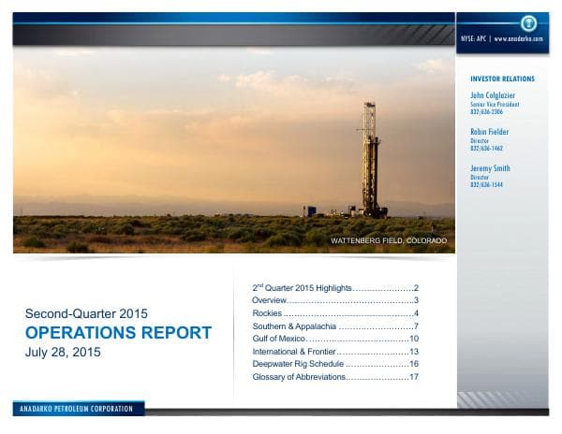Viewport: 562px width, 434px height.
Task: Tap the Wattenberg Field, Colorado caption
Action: pyautogui.click(x=389, y=241)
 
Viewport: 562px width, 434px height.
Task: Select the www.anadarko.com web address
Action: pyautogui.click(x=518, y=39)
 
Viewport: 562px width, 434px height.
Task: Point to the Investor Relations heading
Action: pyautogui.click(x=502, y=80)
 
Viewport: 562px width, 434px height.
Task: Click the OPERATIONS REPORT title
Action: pyautogui.click(x=119, y=333)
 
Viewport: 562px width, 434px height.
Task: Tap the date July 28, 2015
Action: pyautogui.click(x=64, y=353)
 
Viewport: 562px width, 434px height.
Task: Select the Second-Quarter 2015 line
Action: pyautogui.click(x=86, y=313)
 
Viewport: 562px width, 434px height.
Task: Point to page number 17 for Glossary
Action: pyautogui.click(x=413, y=377)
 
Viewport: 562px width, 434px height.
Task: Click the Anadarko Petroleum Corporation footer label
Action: pyautogui.click(x=79, y=409)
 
